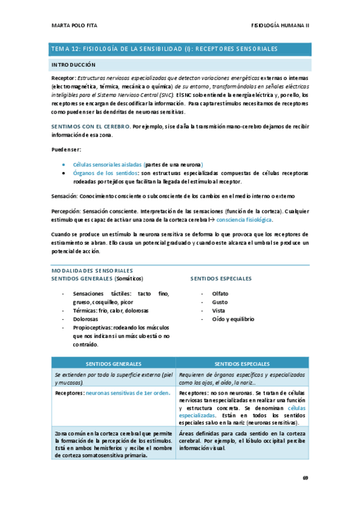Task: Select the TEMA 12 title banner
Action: [x=180, y=49]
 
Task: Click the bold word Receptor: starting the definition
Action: [x=63, y=78]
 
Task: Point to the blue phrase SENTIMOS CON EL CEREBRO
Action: [x=91, y=127]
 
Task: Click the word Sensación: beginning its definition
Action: [x=65, y=197]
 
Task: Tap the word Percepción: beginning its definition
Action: [x=66, y=212]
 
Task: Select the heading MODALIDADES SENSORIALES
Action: [x=91, y=271]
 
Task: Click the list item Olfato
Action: [x=220, y=293]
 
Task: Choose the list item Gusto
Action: [x=219, y=302]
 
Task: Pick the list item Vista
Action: [x=219, y=310]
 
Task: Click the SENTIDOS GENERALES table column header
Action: [x=114, y=364]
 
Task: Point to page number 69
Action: [x=305, y=478]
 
